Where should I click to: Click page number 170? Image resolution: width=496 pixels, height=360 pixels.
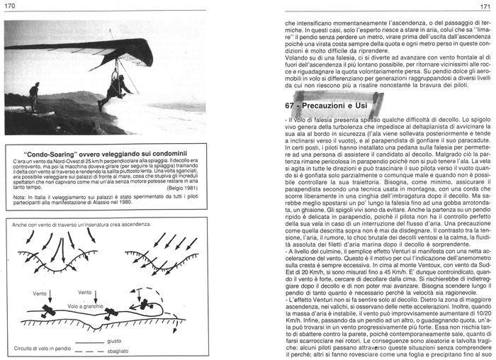(x=10, y=6)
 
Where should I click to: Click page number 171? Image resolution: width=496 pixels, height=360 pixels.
(x=485, y=6)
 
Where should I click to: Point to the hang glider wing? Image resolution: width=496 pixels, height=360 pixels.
(x=106, y=50)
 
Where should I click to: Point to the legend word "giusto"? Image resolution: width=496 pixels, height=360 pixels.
(x=135, y=341)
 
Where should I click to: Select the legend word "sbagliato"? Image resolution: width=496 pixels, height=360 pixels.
(x=140, y=350)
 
